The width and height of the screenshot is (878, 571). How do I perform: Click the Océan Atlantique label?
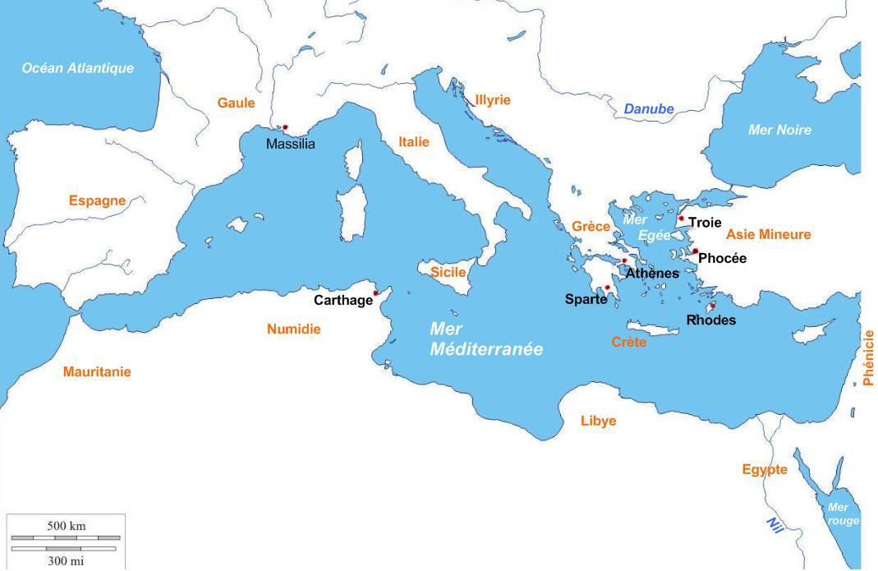click(77, 68)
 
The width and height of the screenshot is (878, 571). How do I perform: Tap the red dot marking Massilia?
click(285, 127)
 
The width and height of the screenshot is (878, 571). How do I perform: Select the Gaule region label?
click(236, 103)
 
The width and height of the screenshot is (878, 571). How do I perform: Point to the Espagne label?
click(97, 200)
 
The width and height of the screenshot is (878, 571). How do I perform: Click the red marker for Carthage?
click(376, 292)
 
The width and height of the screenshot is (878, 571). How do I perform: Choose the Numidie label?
click(293, 329)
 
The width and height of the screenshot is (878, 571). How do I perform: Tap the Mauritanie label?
click(97, 372)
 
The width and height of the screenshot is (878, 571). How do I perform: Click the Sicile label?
click(448, 272)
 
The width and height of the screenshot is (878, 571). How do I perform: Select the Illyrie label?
click(493, 100)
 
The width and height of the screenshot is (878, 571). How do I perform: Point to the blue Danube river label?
click(649, 109)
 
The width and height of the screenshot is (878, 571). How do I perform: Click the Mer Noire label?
click(779, 130)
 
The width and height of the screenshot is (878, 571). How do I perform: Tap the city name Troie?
click(705, 223)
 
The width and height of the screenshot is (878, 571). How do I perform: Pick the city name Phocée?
click(722, 259)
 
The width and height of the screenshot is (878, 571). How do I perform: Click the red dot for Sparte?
click(608, 288)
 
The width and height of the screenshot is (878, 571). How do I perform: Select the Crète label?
click(629, 342)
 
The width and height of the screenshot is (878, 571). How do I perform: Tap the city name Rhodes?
click(710, 320)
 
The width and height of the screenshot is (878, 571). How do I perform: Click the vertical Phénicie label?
click(869, 357)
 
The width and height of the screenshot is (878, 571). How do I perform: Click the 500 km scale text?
click(66, 526)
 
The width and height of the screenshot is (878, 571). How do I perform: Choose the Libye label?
click(598, 421)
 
